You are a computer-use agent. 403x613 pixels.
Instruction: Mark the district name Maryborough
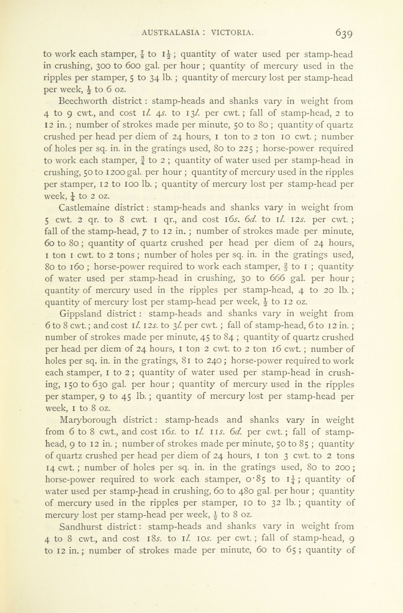point(88,420)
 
